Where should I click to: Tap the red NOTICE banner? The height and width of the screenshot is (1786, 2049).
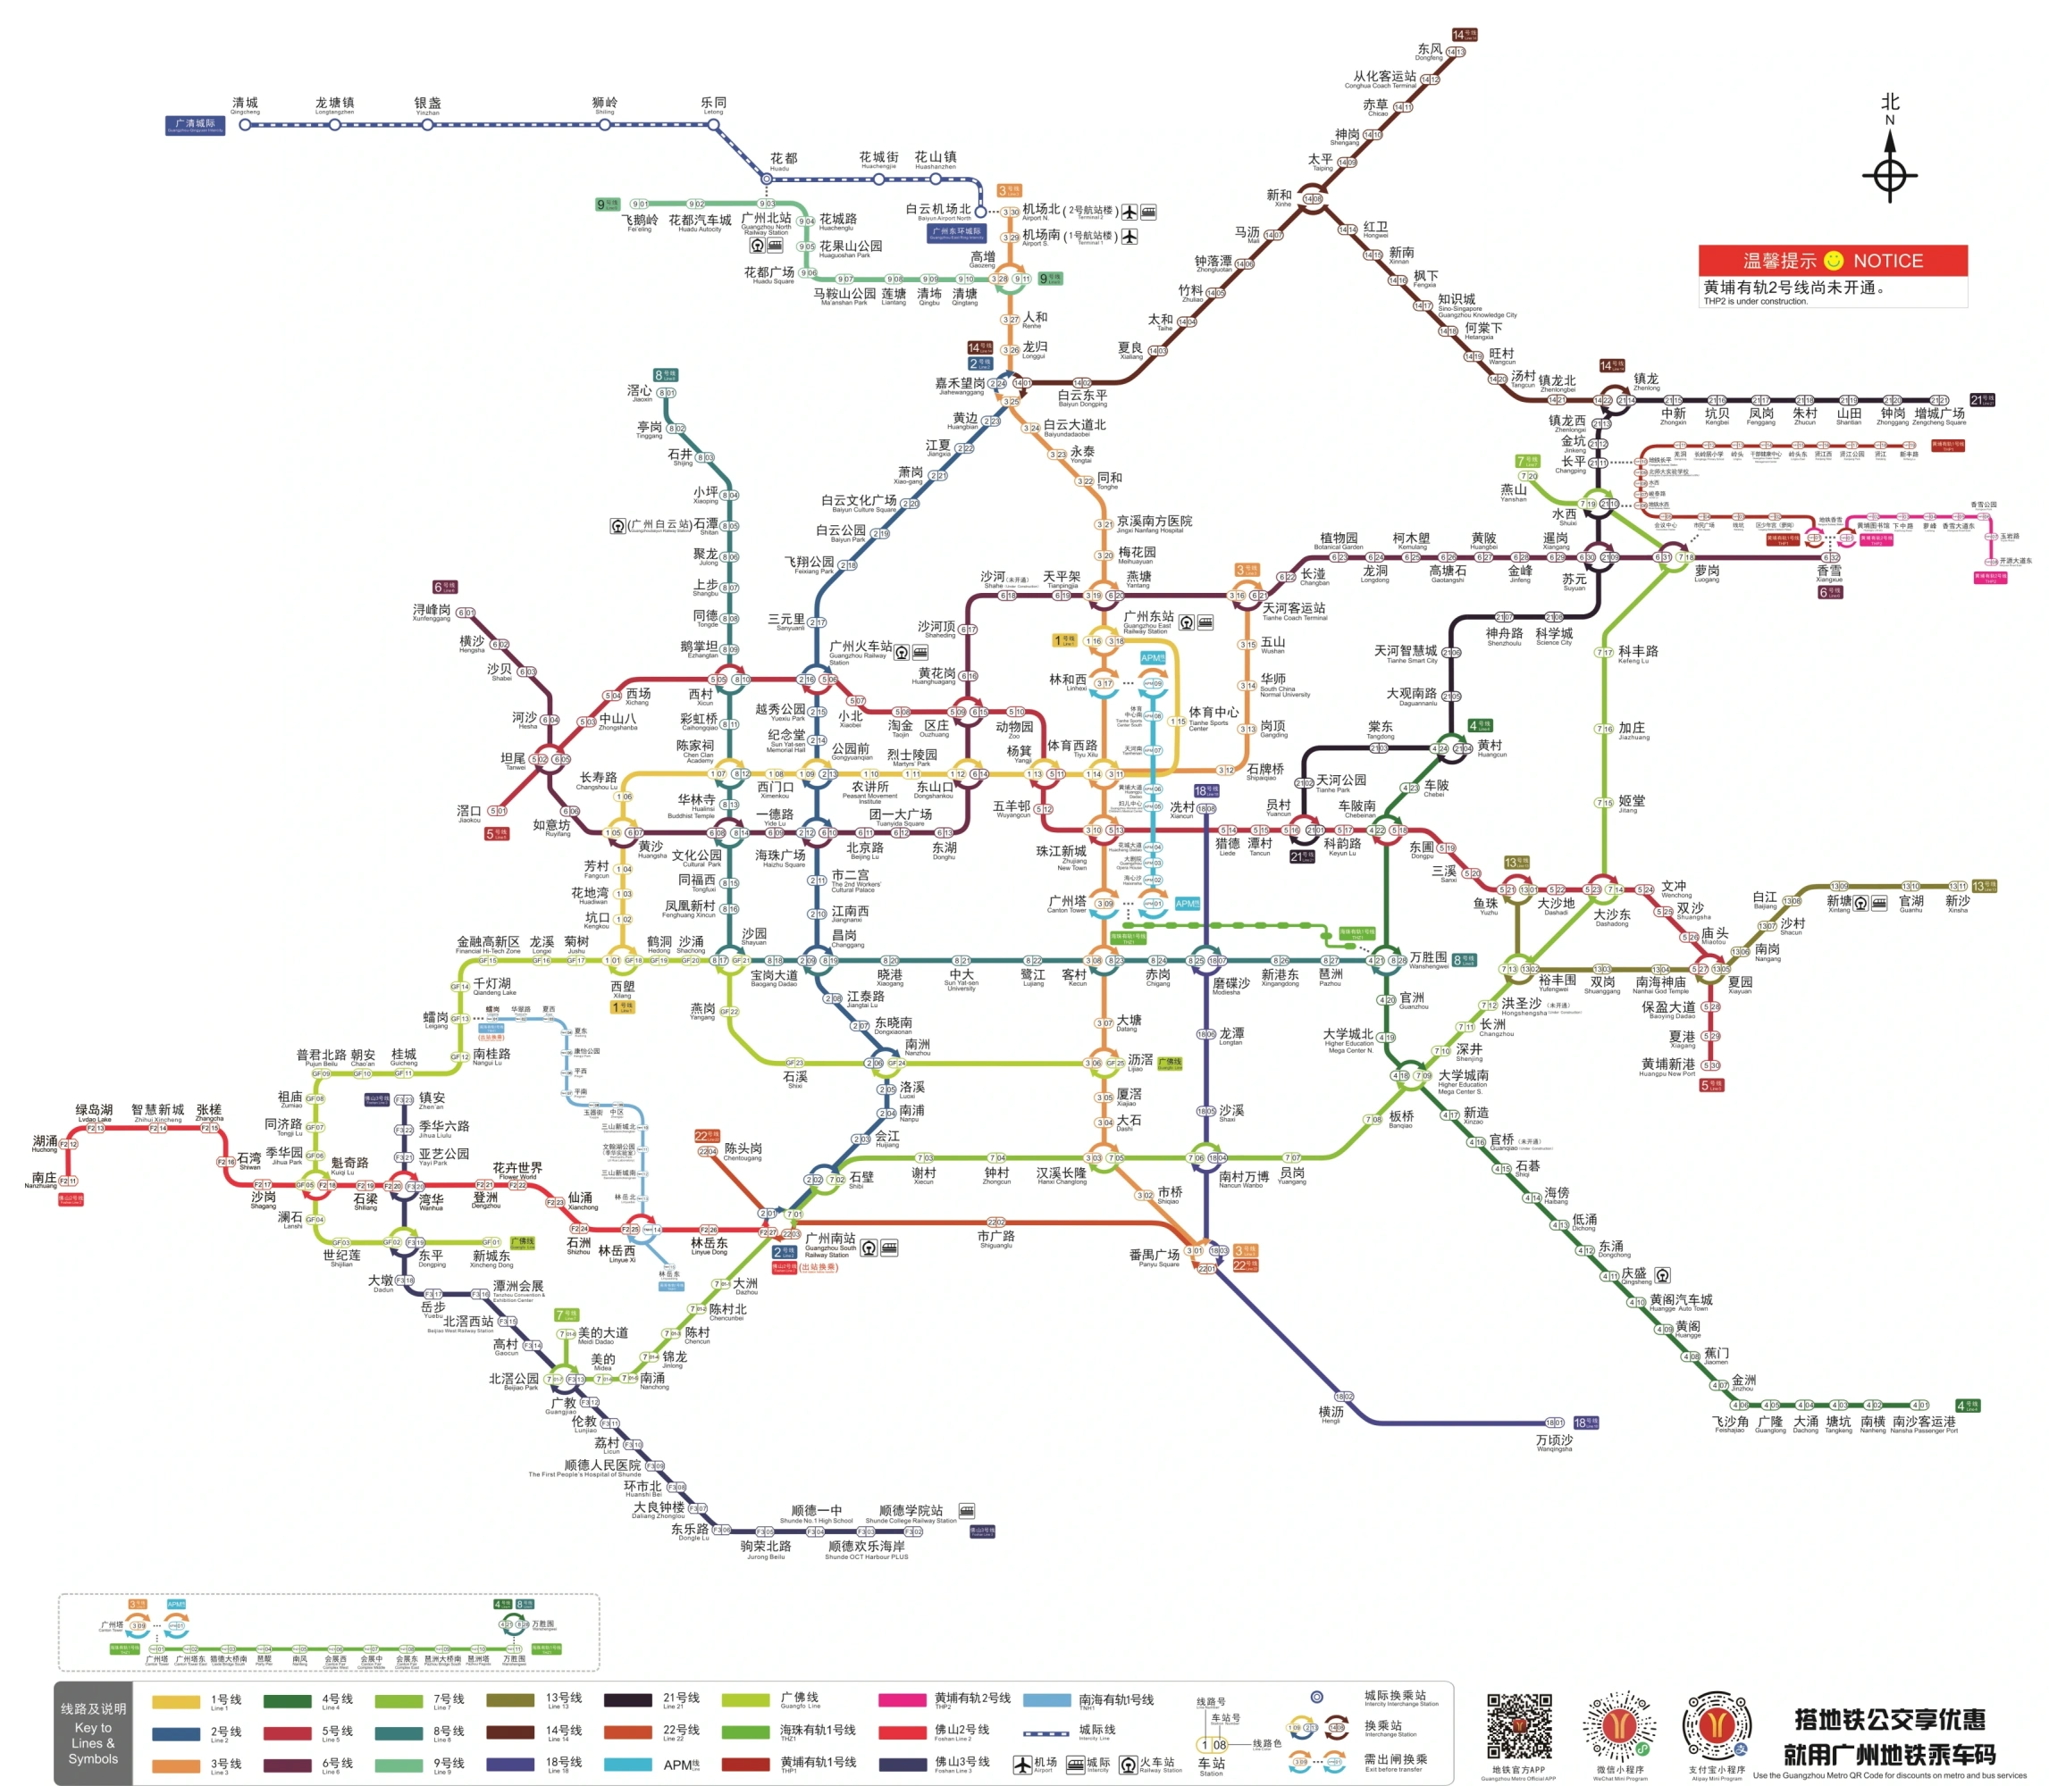click(x=1833, y=260)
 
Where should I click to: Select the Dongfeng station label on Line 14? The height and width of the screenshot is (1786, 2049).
click(x=1429, y=51)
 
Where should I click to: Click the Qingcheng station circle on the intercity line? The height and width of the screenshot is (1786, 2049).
click(x=244, y=125)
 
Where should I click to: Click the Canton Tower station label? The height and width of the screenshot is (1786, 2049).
click(x=1066, y=903)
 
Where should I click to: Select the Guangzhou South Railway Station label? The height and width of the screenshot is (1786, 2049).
click(x=830, y=1242)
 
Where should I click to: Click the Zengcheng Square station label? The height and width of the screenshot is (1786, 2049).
click(x=1938, y=415)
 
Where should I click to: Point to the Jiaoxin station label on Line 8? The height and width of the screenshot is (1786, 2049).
click(x=640, y=393)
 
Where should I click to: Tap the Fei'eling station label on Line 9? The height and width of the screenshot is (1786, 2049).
click(x=639, y=222)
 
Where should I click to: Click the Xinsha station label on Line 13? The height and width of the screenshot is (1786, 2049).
click(x=1957, y=903)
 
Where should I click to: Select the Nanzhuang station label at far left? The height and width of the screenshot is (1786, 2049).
click(x=43, y=1180)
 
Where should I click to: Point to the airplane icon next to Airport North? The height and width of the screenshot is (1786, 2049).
click(x=1129, y=212)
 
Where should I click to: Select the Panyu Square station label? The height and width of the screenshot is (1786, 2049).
click(x=1154, y=1257)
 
